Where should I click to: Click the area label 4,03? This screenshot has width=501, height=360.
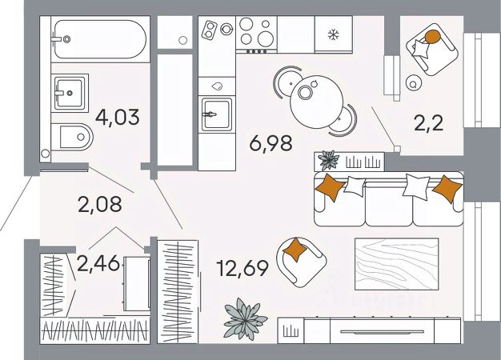[x=117, y=117]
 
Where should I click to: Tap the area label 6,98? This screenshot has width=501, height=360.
[x=270, y=144]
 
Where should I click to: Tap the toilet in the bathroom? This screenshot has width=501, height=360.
[x=75, y=139]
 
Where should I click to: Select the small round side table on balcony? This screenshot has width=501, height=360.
[x=414, y=82]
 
